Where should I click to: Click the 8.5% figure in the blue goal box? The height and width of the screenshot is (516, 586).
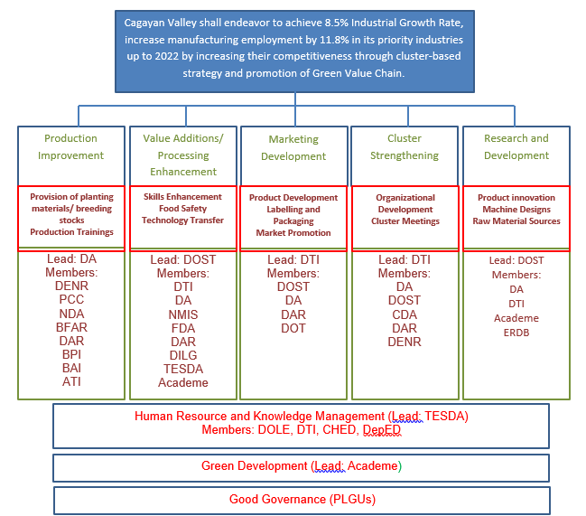[337, 23]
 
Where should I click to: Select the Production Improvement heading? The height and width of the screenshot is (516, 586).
[70, 146]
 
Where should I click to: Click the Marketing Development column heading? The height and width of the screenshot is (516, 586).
[293, 147]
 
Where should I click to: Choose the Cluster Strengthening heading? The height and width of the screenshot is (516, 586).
[405, 146]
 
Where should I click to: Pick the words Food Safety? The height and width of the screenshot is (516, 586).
[182, 209]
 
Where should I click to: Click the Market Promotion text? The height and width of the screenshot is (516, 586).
[293, 233]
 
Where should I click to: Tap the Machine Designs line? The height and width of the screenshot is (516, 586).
[516, 210]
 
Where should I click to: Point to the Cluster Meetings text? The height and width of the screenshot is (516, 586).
[405, 221]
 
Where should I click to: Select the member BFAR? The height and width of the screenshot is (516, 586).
[71, 327]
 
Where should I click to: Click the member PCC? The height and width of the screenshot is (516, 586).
[71, 299]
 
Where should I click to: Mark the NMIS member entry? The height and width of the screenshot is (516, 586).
[182, 314]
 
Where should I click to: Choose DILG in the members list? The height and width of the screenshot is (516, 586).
[183, 355]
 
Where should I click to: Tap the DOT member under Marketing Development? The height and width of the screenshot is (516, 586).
[293, 328]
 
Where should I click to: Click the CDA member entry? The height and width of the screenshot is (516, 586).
[405, 314]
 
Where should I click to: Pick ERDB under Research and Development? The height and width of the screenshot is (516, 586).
[516, 333]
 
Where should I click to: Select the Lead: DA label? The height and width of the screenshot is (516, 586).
[71, 258]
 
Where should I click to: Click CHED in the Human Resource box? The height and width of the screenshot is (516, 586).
[339, 429]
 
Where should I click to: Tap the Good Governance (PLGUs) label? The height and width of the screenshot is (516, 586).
[302, 499]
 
